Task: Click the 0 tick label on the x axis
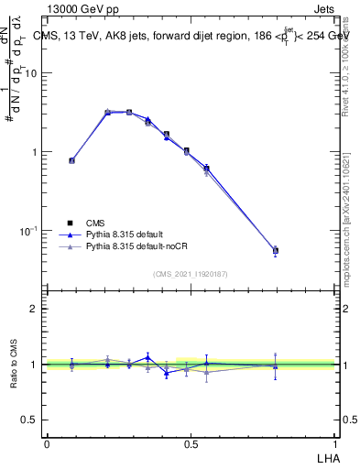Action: tap(47, 443)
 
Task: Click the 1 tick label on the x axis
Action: tap(334, 443)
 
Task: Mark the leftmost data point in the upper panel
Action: tap(71, 160)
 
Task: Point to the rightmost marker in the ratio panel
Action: tap(276, 365)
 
